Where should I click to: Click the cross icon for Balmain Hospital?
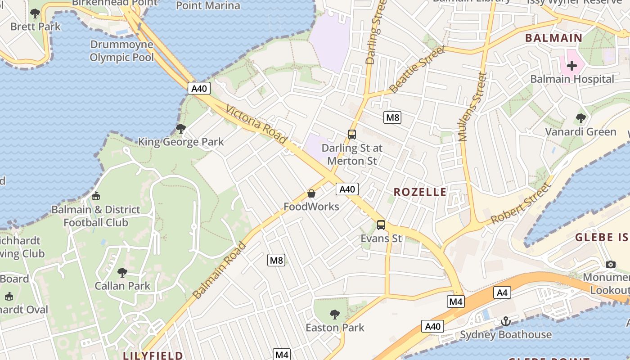572,66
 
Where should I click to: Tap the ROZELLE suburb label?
420,192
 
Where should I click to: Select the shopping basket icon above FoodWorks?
311,193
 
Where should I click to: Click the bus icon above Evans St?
381,225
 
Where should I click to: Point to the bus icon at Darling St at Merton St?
352,134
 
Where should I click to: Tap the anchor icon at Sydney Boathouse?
506,321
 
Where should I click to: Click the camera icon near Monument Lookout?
610,264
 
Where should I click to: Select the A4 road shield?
502,292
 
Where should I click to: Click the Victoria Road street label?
256,125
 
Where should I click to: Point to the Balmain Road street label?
220,270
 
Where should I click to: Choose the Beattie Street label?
417,69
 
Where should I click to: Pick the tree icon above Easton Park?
334,314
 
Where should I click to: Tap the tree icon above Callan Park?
122,272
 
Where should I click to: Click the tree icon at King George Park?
180,129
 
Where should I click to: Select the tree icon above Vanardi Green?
580,118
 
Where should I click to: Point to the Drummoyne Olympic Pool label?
121,51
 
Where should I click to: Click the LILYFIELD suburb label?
153,355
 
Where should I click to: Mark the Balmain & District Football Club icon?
95,196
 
